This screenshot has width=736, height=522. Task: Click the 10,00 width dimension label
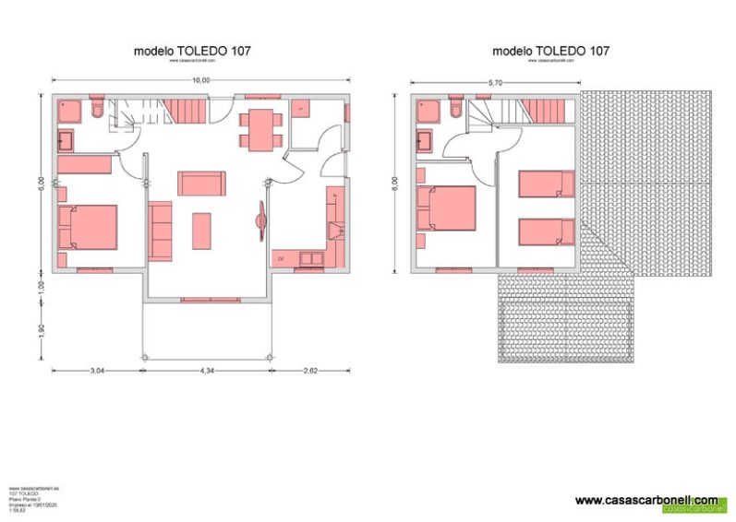click(200, 80)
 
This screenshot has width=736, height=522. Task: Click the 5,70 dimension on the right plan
click(494, 83)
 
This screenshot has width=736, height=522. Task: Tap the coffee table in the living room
click(201, 231)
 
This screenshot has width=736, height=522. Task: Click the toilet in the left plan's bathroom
click(97, 112)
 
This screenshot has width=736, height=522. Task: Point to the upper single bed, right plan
click(546, 184)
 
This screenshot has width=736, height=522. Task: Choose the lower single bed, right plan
click(546, 231)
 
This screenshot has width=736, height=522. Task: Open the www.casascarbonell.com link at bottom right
click(646, 499)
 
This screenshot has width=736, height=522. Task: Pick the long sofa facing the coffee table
click(200, 183)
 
